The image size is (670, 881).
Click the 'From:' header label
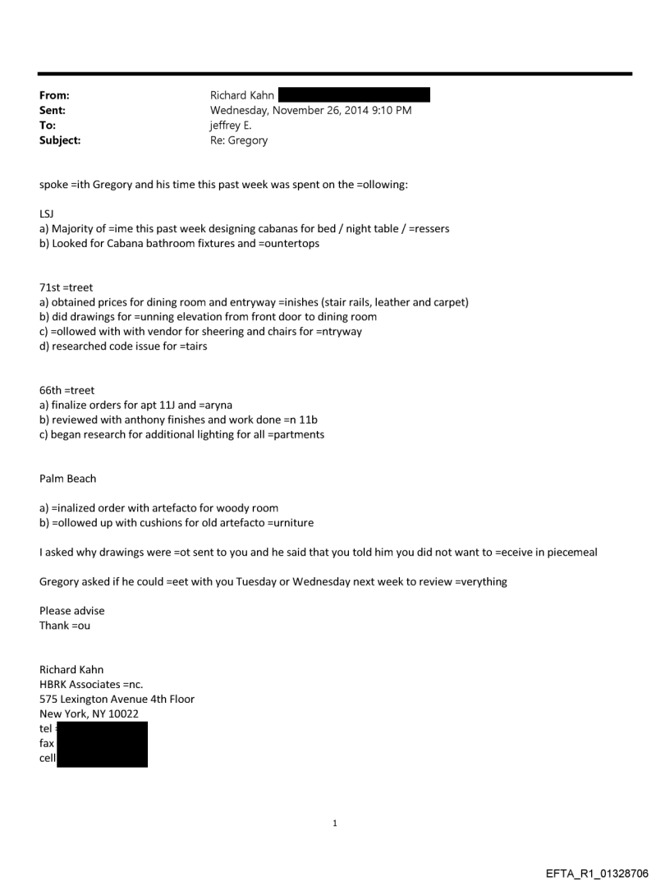(53, 95)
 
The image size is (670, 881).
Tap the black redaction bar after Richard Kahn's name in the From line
(354, 95)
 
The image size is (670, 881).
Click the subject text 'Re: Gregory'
(239, 140)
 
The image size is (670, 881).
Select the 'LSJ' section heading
(48, 214)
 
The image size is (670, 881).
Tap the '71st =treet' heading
(67, 288)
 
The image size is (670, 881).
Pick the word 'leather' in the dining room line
(389, 303)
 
